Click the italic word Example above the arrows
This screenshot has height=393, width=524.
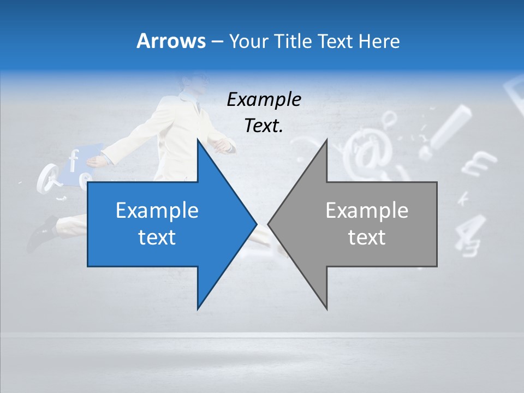[264, 100]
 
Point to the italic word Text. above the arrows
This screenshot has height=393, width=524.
[264, 126]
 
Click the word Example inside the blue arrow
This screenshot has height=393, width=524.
[157, 210]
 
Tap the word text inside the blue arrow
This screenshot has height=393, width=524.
[157, 237]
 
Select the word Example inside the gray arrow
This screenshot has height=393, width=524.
[367, 210]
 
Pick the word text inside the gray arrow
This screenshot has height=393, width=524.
[367, 237]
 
